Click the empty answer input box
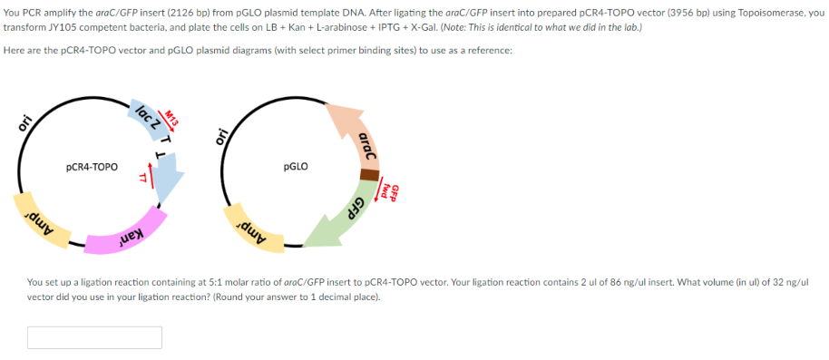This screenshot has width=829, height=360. pos(94,337)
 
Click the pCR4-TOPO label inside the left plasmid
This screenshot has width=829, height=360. pos(92,167)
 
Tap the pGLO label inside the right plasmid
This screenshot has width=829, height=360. pos(296,167)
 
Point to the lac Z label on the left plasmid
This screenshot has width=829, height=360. pos(149,117)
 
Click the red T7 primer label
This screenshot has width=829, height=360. pos(141,178)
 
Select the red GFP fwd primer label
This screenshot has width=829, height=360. pos(389,189)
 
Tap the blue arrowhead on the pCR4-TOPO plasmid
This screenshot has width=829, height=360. pos(168,182)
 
